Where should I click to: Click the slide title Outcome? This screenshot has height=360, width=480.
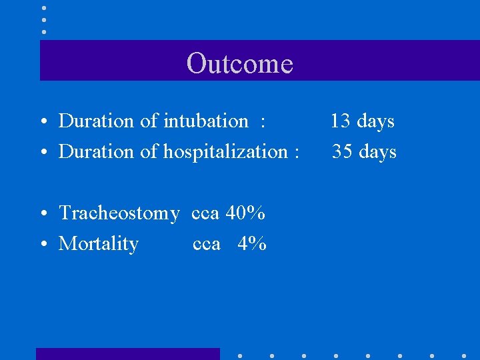240,63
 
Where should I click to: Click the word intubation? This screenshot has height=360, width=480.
206,121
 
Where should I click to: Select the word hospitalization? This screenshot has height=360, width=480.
225,152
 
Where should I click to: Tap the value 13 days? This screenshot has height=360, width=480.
363,121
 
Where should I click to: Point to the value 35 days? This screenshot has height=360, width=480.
364,152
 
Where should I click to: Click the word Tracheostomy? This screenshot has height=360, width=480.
119,213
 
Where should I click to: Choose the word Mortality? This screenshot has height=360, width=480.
99,244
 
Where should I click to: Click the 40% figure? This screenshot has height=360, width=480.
245,213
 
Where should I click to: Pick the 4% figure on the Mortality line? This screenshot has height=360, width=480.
252,244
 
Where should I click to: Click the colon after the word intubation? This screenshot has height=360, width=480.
263,122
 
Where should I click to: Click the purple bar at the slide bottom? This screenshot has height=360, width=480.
127,353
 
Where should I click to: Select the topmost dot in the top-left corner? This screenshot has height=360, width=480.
44,8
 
